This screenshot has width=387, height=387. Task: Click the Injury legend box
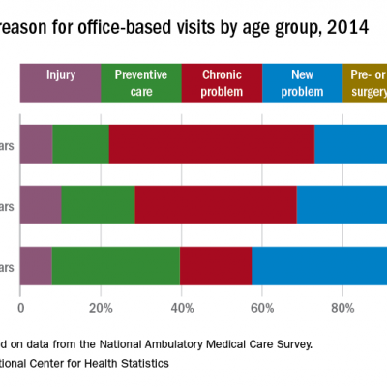click(x=60, y=82)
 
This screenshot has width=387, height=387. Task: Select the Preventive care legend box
click(x=140, y=82)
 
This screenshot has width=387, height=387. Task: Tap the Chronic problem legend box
click(x=222, y=82)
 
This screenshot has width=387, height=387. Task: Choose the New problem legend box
click(x=302, y=82)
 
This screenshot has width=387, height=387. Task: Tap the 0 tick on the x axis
click(x=21, y=310)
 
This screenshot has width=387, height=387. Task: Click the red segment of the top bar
click(x=212, y=144)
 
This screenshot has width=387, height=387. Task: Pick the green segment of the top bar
click(x=80, y=144)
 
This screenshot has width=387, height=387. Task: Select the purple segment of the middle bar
click(x=41, y=205)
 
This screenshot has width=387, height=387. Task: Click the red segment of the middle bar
click(x=215, y=205)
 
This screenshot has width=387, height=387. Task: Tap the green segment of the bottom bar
click(x=115, y=266)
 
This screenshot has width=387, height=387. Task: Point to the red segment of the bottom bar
click(x=215, y=266)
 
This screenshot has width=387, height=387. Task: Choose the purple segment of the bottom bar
click(x=36, y=266)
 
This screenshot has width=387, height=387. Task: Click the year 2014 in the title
click(x=346, y=27)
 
